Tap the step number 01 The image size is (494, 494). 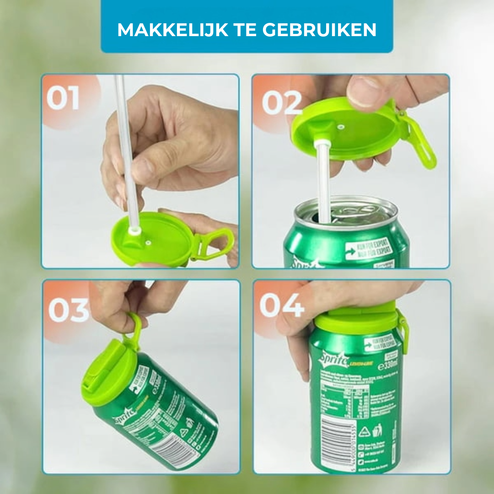point(63,98)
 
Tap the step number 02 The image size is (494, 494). point(282,102)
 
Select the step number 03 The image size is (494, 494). point(69,310)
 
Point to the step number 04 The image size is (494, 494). point(282,306)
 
